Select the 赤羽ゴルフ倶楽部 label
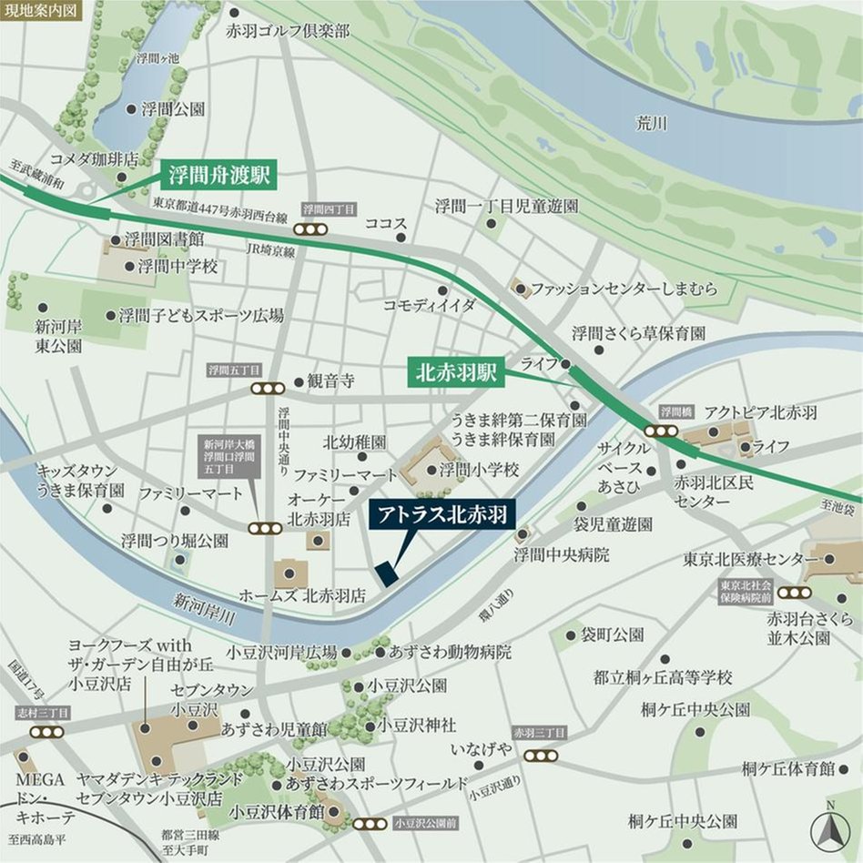click(x=288, y=31)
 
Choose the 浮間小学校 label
click(x=479, y=470)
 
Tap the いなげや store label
click(x=482, y=749)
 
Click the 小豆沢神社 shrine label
click(x=417, y=725)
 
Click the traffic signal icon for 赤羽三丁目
click(x=537, y=755)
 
